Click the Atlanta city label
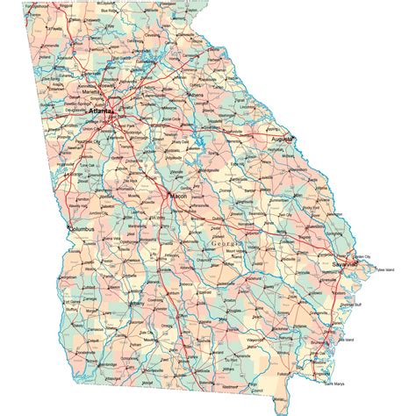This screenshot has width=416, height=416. click(x=102, y=112)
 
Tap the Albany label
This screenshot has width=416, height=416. click(x=137, y=304)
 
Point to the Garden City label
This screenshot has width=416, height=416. click(x=362, y=255)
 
